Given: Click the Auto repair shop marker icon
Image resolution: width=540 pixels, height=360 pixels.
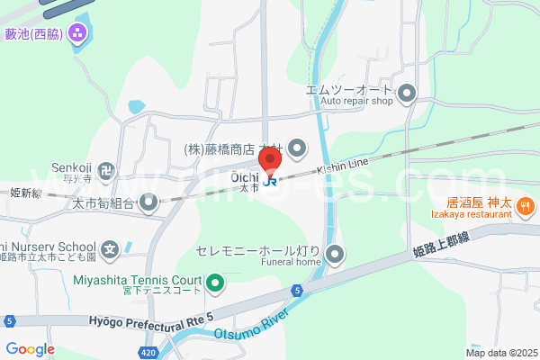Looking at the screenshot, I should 407,92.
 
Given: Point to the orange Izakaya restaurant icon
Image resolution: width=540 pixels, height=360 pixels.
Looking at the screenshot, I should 526,206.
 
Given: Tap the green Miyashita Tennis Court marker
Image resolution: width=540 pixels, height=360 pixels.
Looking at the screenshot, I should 215,284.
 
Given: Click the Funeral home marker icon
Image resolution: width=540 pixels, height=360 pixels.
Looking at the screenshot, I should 335,254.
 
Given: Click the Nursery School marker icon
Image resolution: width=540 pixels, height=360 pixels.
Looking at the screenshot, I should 110,247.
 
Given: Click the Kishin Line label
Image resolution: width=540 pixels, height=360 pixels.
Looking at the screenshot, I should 342,168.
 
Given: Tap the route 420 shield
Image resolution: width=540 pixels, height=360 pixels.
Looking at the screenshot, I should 148,353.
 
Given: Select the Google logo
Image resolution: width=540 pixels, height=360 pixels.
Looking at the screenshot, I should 30,349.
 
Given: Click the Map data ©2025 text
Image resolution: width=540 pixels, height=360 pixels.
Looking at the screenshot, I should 500,353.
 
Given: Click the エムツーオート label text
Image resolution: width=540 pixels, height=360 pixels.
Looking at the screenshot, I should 349,90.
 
